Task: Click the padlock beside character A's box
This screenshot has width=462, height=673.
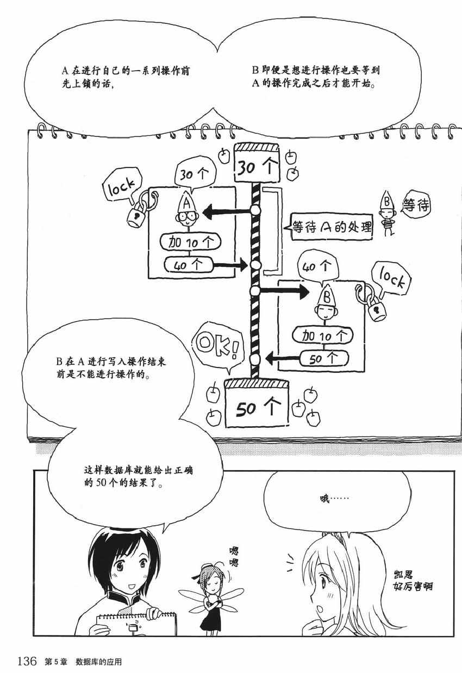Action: [136, 216]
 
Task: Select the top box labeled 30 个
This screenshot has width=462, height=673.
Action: [257, 163]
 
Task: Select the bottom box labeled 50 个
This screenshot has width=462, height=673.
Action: [257, 403]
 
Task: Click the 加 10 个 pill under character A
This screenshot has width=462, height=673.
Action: [190, 242]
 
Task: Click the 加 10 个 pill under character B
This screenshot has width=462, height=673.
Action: [323, 335]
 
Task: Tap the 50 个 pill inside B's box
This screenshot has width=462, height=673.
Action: [324, 358]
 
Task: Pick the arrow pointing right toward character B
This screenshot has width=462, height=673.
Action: [284, 291]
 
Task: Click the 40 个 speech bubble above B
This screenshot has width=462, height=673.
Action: [317, 266]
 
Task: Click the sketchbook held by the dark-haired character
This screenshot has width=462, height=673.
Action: [136, 624]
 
